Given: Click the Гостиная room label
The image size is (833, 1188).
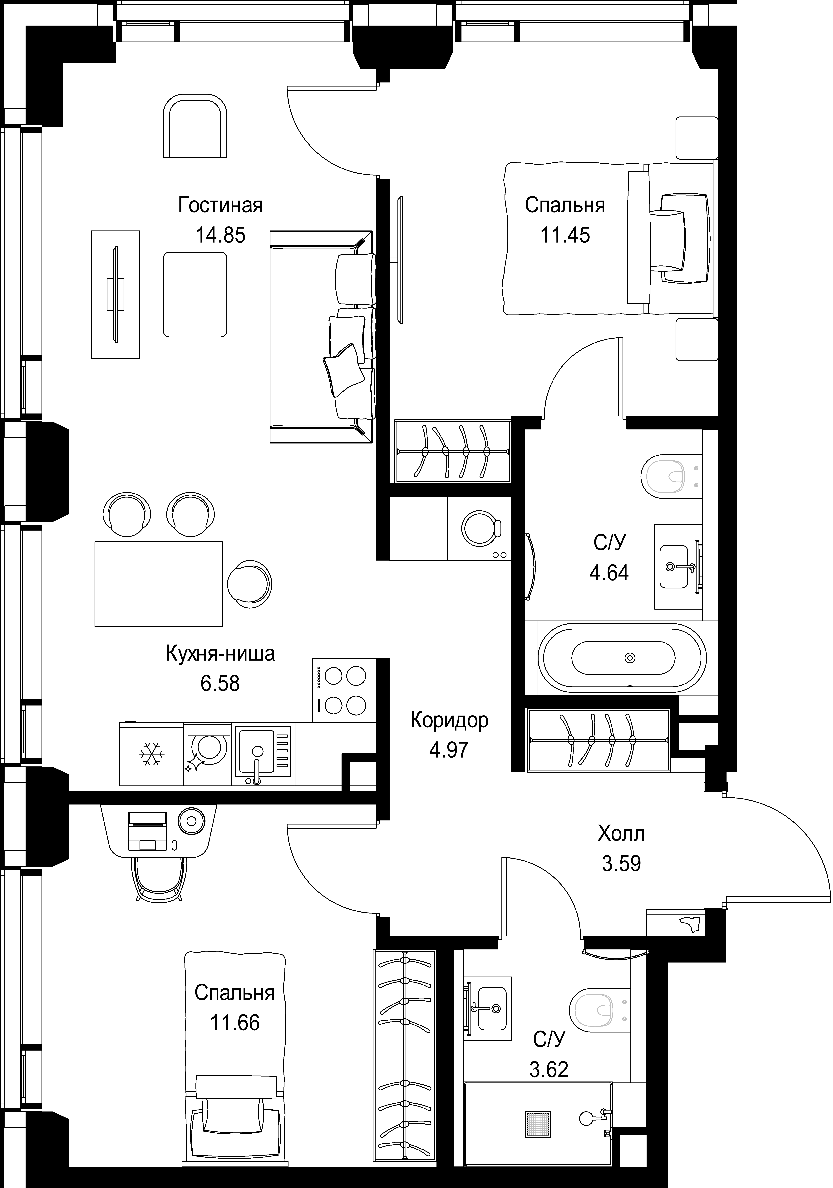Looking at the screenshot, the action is tap(220, 205).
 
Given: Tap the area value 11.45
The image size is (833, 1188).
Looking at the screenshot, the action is tap(565, 235).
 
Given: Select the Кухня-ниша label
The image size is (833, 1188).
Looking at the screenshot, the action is tap(220, 654).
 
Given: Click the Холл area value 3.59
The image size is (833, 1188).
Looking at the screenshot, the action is tap(621, 864).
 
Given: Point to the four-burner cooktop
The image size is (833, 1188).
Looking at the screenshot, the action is tap(344, 690).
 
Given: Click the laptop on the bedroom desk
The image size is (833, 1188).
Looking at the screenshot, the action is tap(147, 831).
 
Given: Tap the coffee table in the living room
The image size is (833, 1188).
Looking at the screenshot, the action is tap(195, 294).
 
